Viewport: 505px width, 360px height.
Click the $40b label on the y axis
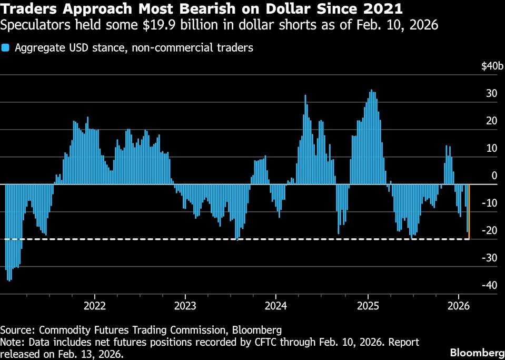coord(492,66)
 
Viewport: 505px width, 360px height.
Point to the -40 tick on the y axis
coord(491,285)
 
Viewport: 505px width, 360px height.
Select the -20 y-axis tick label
coord(491,230)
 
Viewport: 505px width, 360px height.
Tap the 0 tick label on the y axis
coord(494,176)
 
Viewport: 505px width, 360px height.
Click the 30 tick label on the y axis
coord(491,94)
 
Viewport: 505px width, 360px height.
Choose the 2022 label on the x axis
coord(95,305)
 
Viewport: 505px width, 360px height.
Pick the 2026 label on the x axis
coord(458,305)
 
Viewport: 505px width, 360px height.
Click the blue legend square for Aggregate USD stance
coord(5,48)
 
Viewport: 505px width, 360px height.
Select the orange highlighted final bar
coord(469,211)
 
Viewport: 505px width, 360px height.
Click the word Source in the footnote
coord(16,330)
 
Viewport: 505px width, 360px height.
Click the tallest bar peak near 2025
coord(372,91)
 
